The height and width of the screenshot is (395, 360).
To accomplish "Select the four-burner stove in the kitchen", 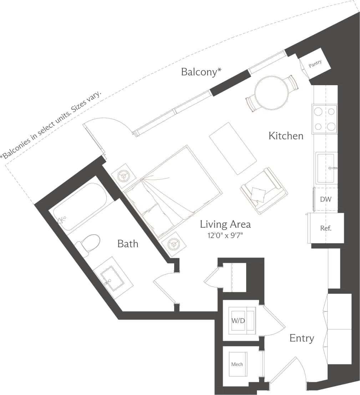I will pos(324,119).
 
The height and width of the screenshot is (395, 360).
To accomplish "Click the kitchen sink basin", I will pos(326,167).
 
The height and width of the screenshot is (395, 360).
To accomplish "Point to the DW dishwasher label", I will pos(326,199).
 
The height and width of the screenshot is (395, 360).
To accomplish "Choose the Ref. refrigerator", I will pos(326,228).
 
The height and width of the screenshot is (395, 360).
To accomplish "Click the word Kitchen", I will pos(286,136).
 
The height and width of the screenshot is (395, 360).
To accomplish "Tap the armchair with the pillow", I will pos(263,190).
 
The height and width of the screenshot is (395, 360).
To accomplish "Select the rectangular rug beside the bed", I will pos(233,148).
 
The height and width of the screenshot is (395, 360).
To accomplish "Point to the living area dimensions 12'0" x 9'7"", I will pos(225,236).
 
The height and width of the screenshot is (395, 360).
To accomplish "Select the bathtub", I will pos(80,206).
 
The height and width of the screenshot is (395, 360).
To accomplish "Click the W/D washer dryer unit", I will pos(239,320).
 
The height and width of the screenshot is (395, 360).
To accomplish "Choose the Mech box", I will pos(237,364).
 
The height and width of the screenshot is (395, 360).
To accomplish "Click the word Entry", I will pos(301,338).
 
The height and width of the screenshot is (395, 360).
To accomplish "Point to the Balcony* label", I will pos(201,72).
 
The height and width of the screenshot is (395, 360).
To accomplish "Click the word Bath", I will pos(128,244).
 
